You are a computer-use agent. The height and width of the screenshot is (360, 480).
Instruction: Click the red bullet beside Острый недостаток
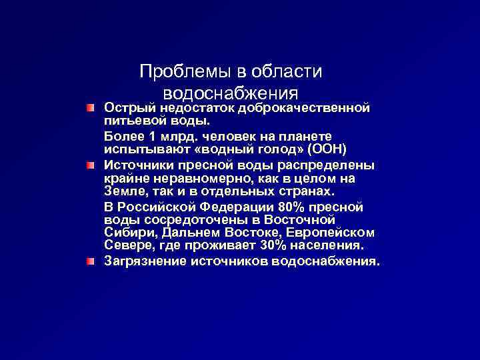tap(90, 107)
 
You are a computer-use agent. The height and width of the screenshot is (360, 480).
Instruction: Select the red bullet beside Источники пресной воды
tap(90, 165)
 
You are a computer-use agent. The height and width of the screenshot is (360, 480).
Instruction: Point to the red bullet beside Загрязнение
tap(90, 261)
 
